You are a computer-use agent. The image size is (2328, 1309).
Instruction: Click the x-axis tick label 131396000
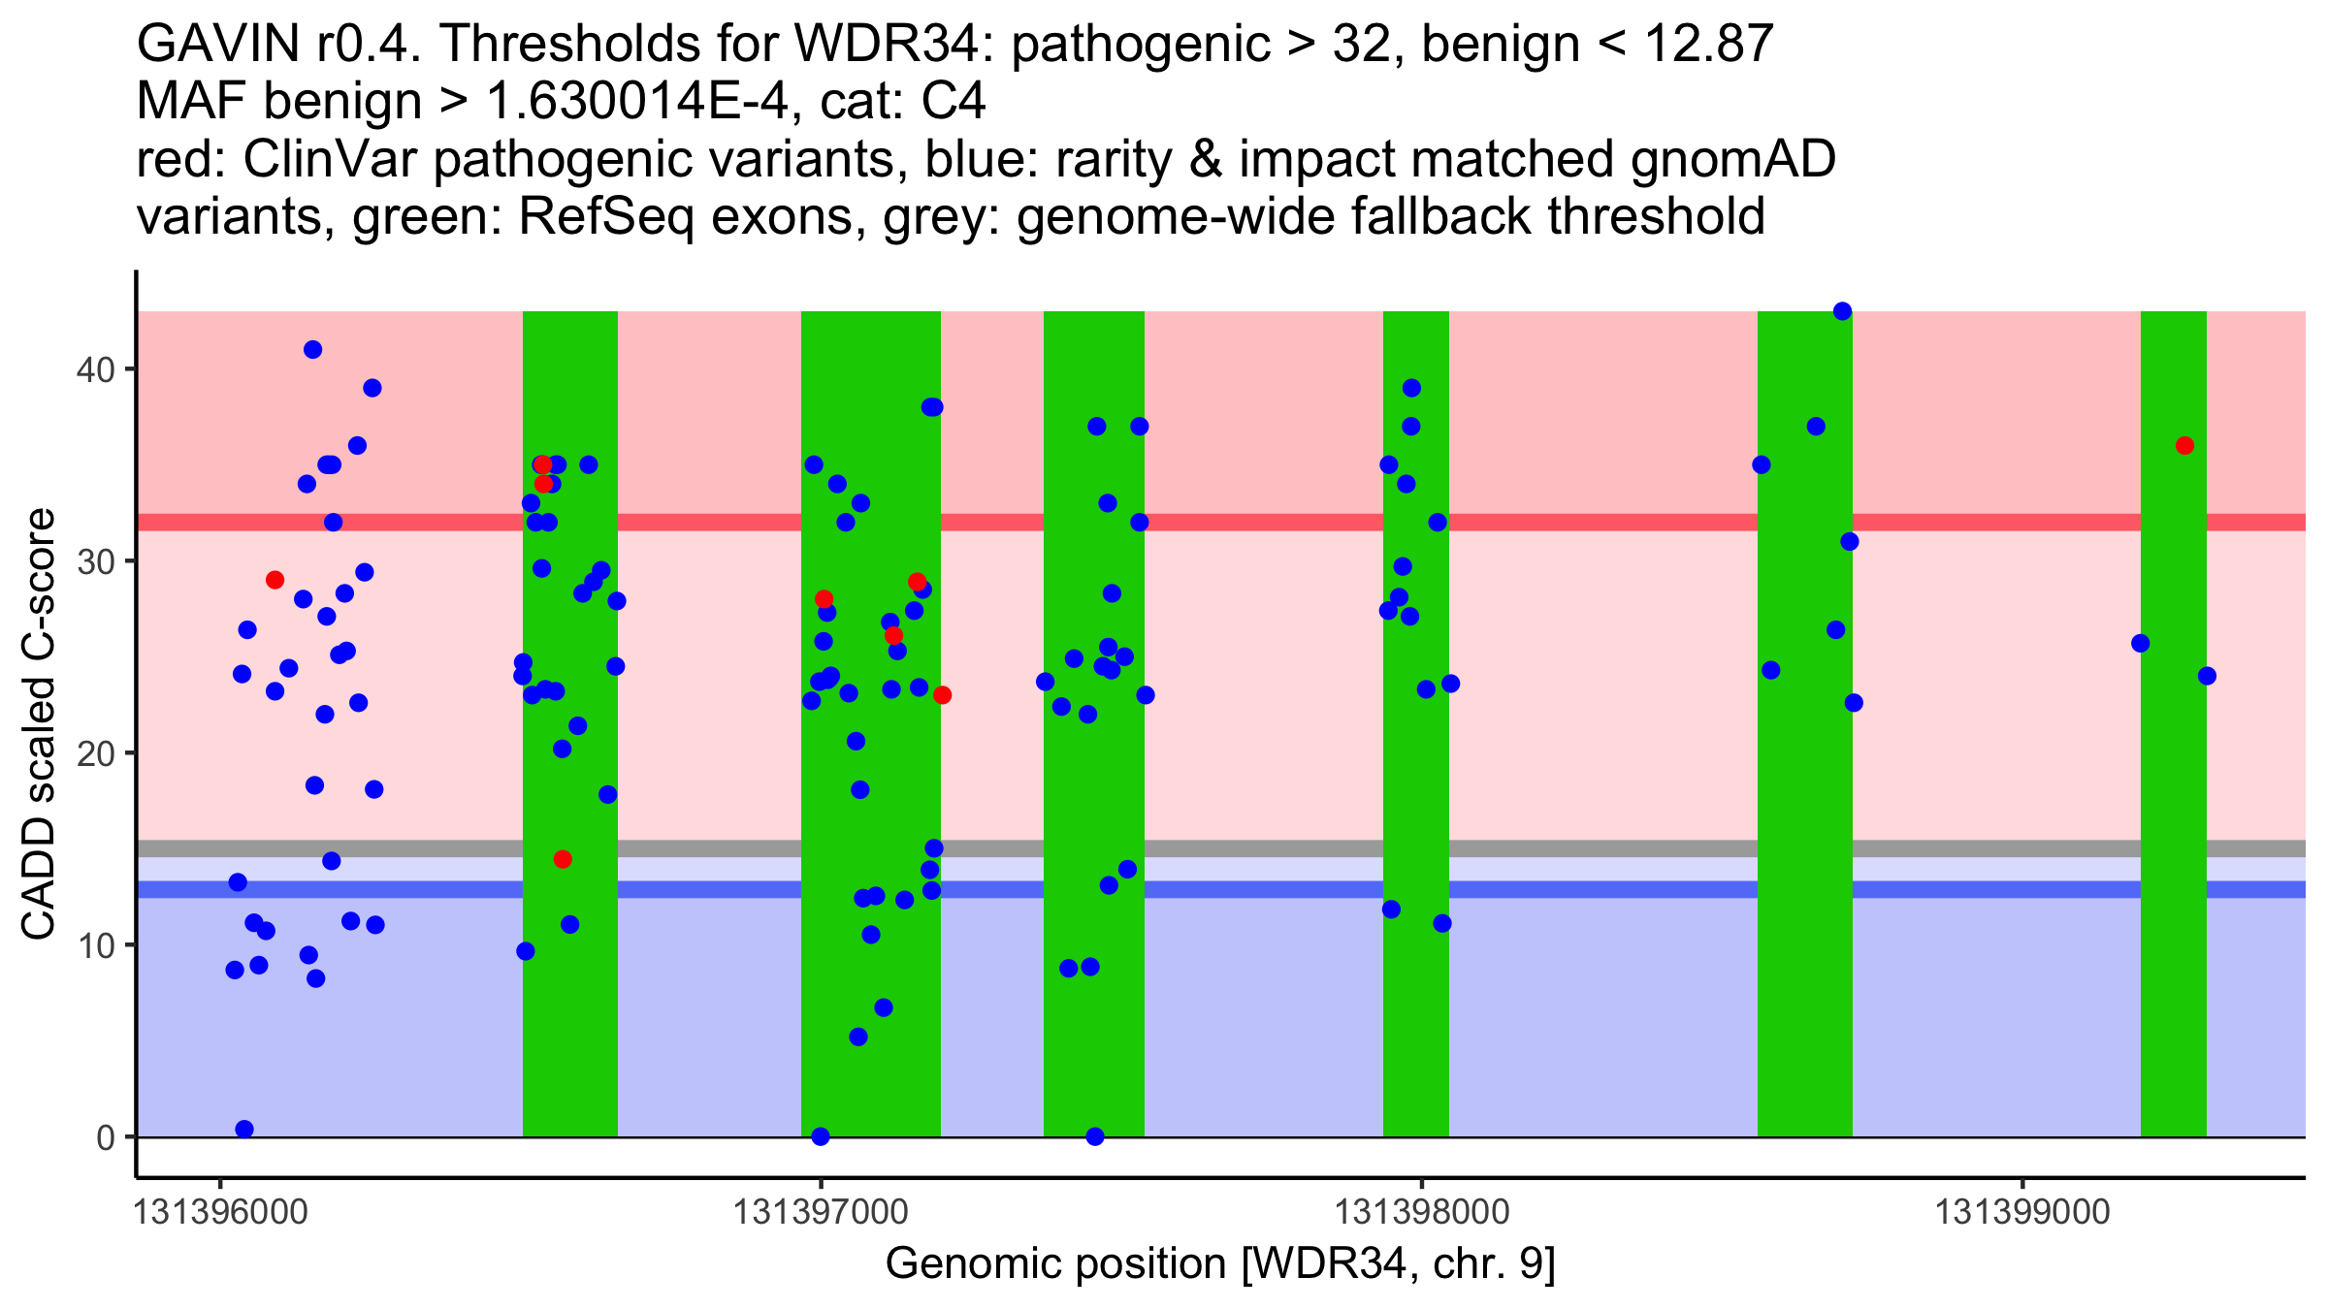click(x=220, y=1212)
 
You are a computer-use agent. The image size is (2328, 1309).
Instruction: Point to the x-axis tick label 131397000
click(x=821, y=1212)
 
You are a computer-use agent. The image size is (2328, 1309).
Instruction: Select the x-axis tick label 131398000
click(x=1422, y=1212)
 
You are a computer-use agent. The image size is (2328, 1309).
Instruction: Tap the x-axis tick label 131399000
click(x=2022, y=1212)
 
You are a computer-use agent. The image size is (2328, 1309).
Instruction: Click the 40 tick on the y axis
click(x=94, y=369)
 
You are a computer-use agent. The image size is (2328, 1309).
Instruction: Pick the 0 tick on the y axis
click(x=105, y=1137)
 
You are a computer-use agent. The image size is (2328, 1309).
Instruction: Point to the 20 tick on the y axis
click(x=94, y=753)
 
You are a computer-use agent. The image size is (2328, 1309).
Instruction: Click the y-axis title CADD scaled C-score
click(x=39, y=726)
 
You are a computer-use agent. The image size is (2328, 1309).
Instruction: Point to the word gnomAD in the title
click(x=1732, y=159)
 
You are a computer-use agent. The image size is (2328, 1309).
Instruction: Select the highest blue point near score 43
click(x=1842, y=311)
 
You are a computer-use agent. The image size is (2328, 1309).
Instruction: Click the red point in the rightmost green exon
click(x=2184, y=446)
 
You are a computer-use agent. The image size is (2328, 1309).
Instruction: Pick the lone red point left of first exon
click(x=275, y=580)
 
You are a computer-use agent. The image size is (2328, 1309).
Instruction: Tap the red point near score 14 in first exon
click(x=563, y=859)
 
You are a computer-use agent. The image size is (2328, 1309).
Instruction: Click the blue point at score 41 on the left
click(x=312, y=350)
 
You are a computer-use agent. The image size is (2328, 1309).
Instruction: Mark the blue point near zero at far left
click(x=244, y=1129)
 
